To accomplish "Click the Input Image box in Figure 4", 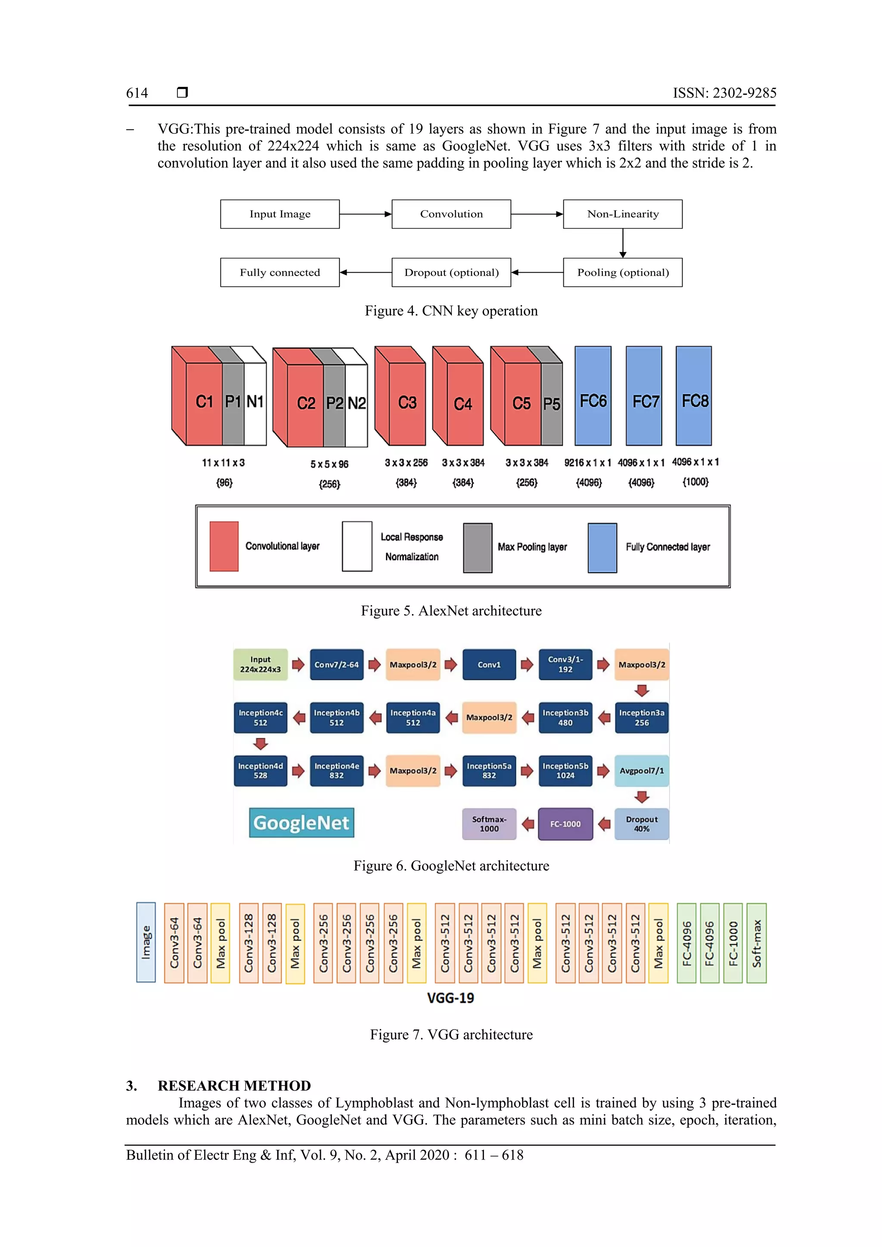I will coord(280,214).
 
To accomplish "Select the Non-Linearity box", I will coord(622,214).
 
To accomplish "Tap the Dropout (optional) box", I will coord(451,272).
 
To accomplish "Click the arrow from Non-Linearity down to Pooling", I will coord(622,243).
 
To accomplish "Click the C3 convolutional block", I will coord(407,403).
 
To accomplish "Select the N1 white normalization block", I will coord(255,403).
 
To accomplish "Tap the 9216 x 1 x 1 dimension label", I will coord(587,463).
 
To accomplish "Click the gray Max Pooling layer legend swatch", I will coord(477,547).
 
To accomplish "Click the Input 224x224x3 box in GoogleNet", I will coord(260,664).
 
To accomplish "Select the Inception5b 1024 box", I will coord(565,771).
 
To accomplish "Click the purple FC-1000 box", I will coord(565,824).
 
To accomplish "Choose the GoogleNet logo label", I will coord(301,823).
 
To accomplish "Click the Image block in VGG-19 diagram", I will coord(146,942).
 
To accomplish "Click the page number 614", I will coord(137,93).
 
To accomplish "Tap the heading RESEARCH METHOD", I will coord(234,1086).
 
